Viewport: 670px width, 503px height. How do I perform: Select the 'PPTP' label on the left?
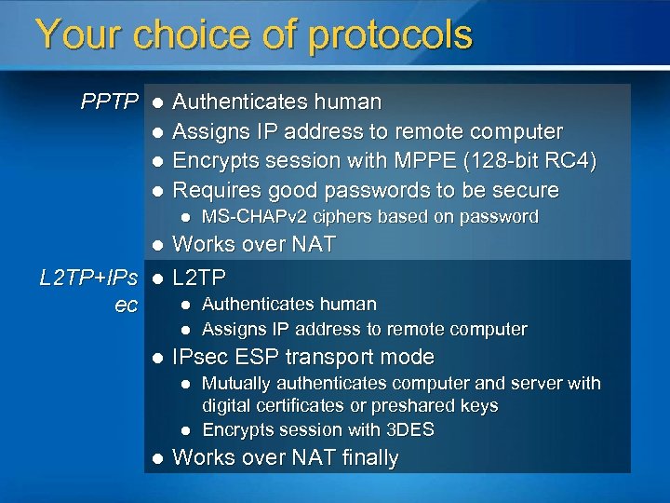pyautogui.click(x=110, y=102)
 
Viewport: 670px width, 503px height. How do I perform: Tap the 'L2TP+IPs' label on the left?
pyautogui.click(x=89, y=278)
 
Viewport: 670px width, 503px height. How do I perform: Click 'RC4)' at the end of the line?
pyautogui.click(x=569, y=161)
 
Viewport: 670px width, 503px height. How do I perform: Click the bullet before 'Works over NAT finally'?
pyautogui.click(x=157, y=458)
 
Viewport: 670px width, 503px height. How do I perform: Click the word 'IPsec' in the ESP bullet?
pyautogui.click(x=199, y=358)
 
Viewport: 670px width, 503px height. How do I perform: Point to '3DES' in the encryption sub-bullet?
pyautogui.click(x=412, y=430)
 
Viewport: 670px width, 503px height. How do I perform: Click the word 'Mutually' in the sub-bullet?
pyautogui.click(x=234, y=384)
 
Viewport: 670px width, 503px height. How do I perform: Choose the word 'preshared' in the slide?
pyautogui.click(x=418, y=406)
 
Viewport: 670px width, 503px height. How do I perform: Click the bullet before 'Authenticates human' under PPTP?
pyautogui.click(x=157, y=102)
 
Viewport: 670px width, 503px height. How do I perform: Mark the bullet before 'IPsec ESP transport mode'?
pyautogui.click(x=157, y=358)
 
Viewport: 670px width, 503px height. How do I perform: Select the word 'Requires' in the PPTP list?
pyautogui.click(x=217, y=191)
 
